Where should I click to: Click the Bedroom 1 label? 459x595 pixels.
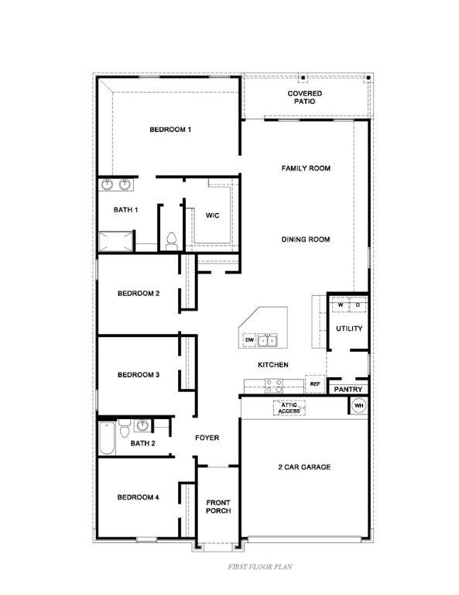click(x=170, y=129)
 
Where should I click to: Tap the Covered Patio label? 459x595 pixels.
click(x=305, y=97)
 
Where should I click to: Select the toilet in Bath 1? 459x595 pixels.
click(x=172, y=242)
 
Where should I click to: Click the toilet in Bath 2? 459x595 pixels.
click(x=125, y=428)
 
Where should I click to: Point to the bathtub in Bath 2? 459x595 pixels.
click(x=108, y=438)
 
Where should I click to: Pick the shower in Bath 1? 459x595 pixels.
click(x=116, y=242)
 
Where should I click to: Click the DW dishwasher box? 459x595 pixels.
click(x=249, y=340)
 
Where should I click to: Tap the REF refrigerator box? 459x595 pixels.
click(x=315, y=384)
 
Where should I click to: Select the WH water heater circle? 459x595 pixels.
click(x=358, y=406)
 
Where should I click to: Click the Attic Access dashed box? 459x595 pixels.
click(x=289, y=408)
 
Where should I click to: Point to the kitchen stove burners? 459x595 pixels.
click(x=274, y=386)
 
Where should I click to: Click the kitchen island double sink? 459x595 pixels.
click(x=268, y=340)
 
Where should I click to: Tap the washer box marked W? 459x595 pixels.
click(x=341, y=305)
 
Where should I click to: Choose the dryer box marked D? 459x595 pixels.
click(x=358, y=305)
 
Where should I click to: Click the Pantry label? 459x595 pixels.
click(x=348, y=390)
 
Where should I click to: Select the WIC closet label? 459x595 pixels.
click(x=212, y=215)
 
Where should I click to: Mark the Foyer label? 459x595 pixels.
click(x=207, y=438)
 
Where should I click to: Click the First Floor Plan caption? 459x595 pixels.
click(x=260, y=567)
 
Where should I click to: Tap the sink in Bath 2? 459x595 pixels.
click(x=142, y=425)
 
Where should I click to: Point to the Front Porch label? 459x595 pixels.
click(x=218, y=507)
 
